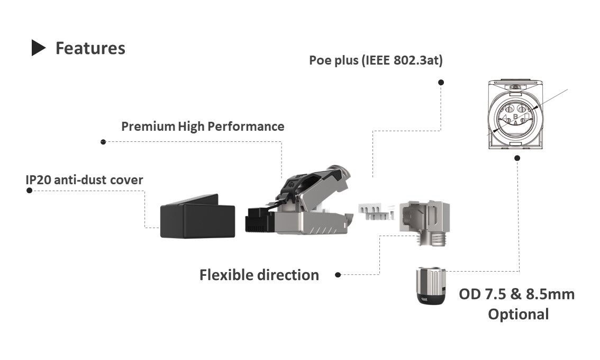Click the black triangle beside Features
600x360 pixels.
[39, 48]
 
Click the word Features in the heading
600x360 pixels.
[90, 48]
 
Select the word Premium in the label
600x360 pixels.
[148, 127]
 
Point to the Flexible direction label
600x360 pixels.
[259, 275]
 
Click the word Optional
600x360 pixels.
[518, 314]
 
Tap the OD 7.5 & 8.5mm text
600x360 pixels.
[516, 294]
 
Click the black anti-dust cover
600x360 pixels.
[197, 219]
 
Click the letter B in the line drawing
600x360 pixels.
[515, 115]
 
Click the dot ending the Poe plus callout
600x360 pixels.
[441, 83]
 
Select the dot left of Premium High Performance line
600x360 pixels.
[103, 142]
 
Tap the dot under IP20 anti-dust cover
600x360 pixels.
[30, 190]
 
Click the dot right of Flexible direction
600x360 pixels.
[338, 275]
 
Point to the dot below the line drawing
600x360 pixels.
[517, 157]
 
